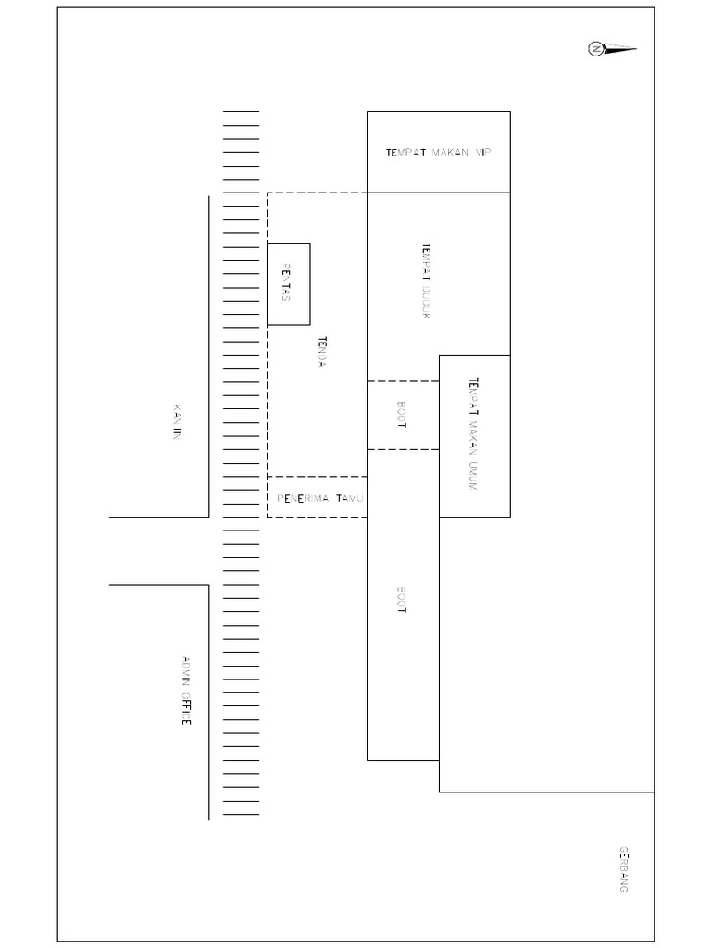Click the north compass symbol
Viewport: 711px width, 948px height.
click(597, 49)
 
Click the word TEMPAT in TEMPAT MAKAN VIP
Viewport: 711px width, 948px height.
click(406, 153)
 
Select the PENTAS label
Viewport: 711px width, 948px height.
click(286, 282)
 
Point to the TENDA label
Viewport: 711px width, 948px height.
click(322, 352)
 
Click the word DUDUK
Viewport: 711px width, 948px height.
click(426, 301)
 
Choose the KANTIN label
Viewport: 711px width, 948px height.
click(177, 420)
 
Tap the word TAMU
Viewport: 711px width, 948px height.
click(350, 498)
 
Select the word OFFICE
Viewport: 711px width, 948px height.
click(185, 708)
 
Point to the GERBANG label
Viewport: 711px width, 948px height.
click(624, 868)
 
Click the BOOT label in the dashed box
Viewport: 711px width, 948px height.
click(402, 414)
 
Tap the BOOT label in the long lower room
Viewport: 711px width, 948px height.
click(402, 600)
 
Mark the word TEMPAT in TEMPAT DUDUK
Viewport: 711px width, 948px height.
click(426, 260)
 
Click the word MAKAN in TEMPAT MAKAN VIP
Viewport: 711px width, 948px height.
click(449, 153)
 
